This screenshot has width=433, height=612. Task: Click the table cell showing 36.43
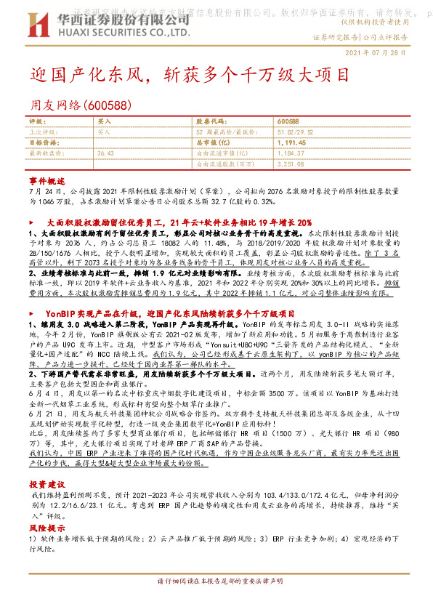click(x=106, y=154)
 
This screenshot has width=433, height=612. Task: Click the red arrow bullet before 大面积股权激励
click(x=31, y=222)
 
